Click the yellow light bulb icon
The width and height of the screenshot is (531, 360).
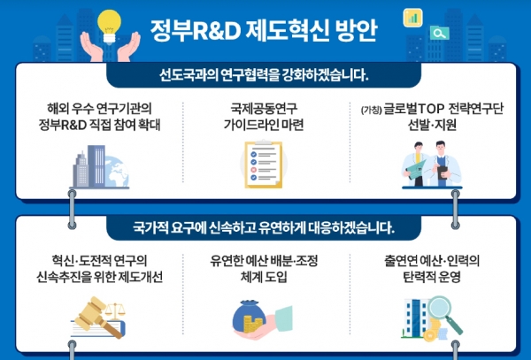click(x=109, y=26)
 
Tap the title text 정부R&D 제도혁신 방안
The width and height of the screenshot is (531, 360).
click(x=264, y=31)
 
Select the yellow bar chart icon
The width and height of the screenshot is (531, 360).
click(x=412, y=18)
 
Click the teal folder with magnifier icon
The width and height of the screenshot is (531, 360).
click(x=440, y=33)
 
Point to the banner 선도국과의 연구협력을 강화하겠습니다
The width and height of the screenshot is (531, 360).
click(x=264, y=75)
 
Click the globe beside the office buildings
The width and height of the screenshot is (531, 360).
click(x=117, y=172)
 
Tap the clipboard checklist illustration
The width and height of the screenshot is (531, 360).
click(x=264, y=165)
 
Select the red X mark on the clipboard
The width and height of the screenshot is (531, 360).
click(x=254, y=170)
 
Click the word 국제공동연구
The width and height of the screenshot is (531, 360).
click(x=264, y=108)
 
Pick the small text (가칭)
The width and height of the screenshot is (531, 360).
click(x=372, y=110)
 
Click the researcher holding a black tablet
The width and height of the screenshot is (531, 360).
click(x=443, y=164)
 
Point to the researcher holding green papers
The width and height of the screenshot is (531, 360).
click(x=416, y=165)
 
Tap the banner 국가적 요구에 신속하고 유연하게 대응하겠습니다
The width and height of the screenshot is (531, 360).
click(x=264, y=228)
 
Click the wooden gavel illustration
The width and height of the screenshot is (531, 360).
click(x=97, y=317)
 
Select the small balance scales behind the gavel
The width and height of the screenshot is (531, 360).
click(x=116, y=311)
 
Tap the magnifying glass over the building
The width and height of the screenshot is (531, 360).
click(x=444, y=314)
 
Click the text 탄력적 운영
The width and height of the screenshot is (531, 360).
click(x=432, y=277)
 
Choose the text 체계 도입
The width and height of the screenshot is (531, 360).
click(x=264, y=277)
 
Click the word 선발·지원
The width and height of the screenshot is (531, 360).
click(x=432, y=125)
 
